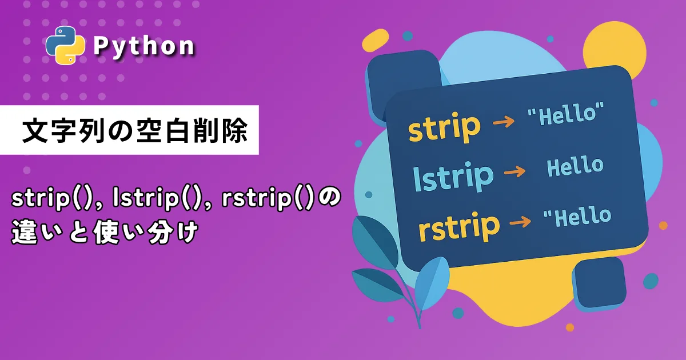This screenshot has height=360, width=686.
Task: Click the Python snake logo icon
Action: [65, 45]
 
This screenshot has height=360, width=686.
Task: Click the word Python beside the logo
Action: [144, 46]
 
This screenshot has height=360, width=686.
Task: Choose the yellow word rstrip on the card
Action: [459, 226]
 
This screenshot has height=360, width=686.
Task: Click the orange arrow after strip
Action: [504, 121]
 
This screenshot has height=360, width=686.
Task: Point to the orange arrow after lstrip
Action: [515, 171]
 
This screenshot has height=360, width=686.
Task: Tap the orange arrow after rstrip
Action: [520, 222]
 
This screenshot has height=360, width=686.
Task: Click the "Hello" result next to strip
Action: [566, 114]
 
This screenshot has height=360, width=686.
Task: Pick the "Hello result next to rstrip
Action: [577, 217]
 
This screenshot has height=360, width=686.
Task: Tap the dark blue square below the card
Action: [599, 284]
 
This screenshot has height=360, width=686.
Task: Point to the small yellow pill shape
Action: [375, 41]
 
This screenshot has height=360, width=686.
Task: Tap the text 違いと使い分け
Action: [105, 232]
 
